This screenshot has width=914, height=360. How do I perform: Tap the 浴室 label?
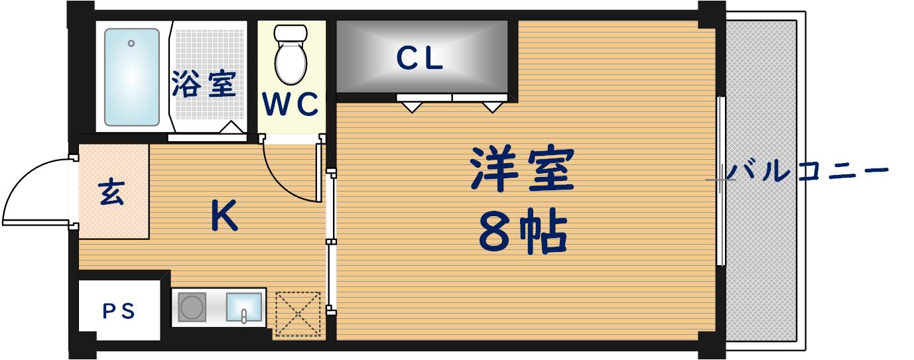pos(204,84)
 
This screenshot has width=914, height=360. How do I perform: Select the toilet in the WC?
pos(291,55)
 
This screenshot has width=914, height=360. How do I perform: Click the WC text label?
pos(291,105)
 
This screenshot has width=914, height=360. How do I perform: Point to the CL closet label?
pos(420,59)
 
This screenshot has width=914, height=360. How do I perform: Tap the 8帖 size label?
pos(522,233)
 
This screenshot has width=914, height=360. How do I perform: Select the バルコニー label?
pos(807,172)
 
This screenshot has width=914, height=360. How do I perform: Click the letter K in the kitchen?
pos(225,216)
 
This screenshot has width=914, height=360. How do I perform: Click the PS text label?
pos(119,310)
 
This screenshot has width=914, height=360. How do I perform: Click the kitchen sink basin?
pos(244,307)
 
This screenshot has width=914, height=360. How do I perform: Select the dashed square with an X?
pos(298,314)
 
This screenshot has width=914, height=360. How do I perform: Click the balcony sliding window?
pos(721,180)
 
